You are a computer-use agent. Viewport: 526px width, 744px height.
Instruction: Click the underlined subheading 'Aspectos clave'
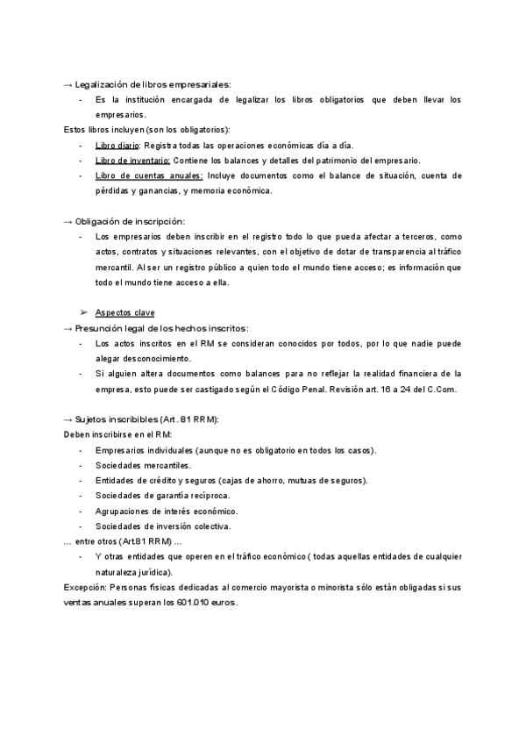tap(124, 312)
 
